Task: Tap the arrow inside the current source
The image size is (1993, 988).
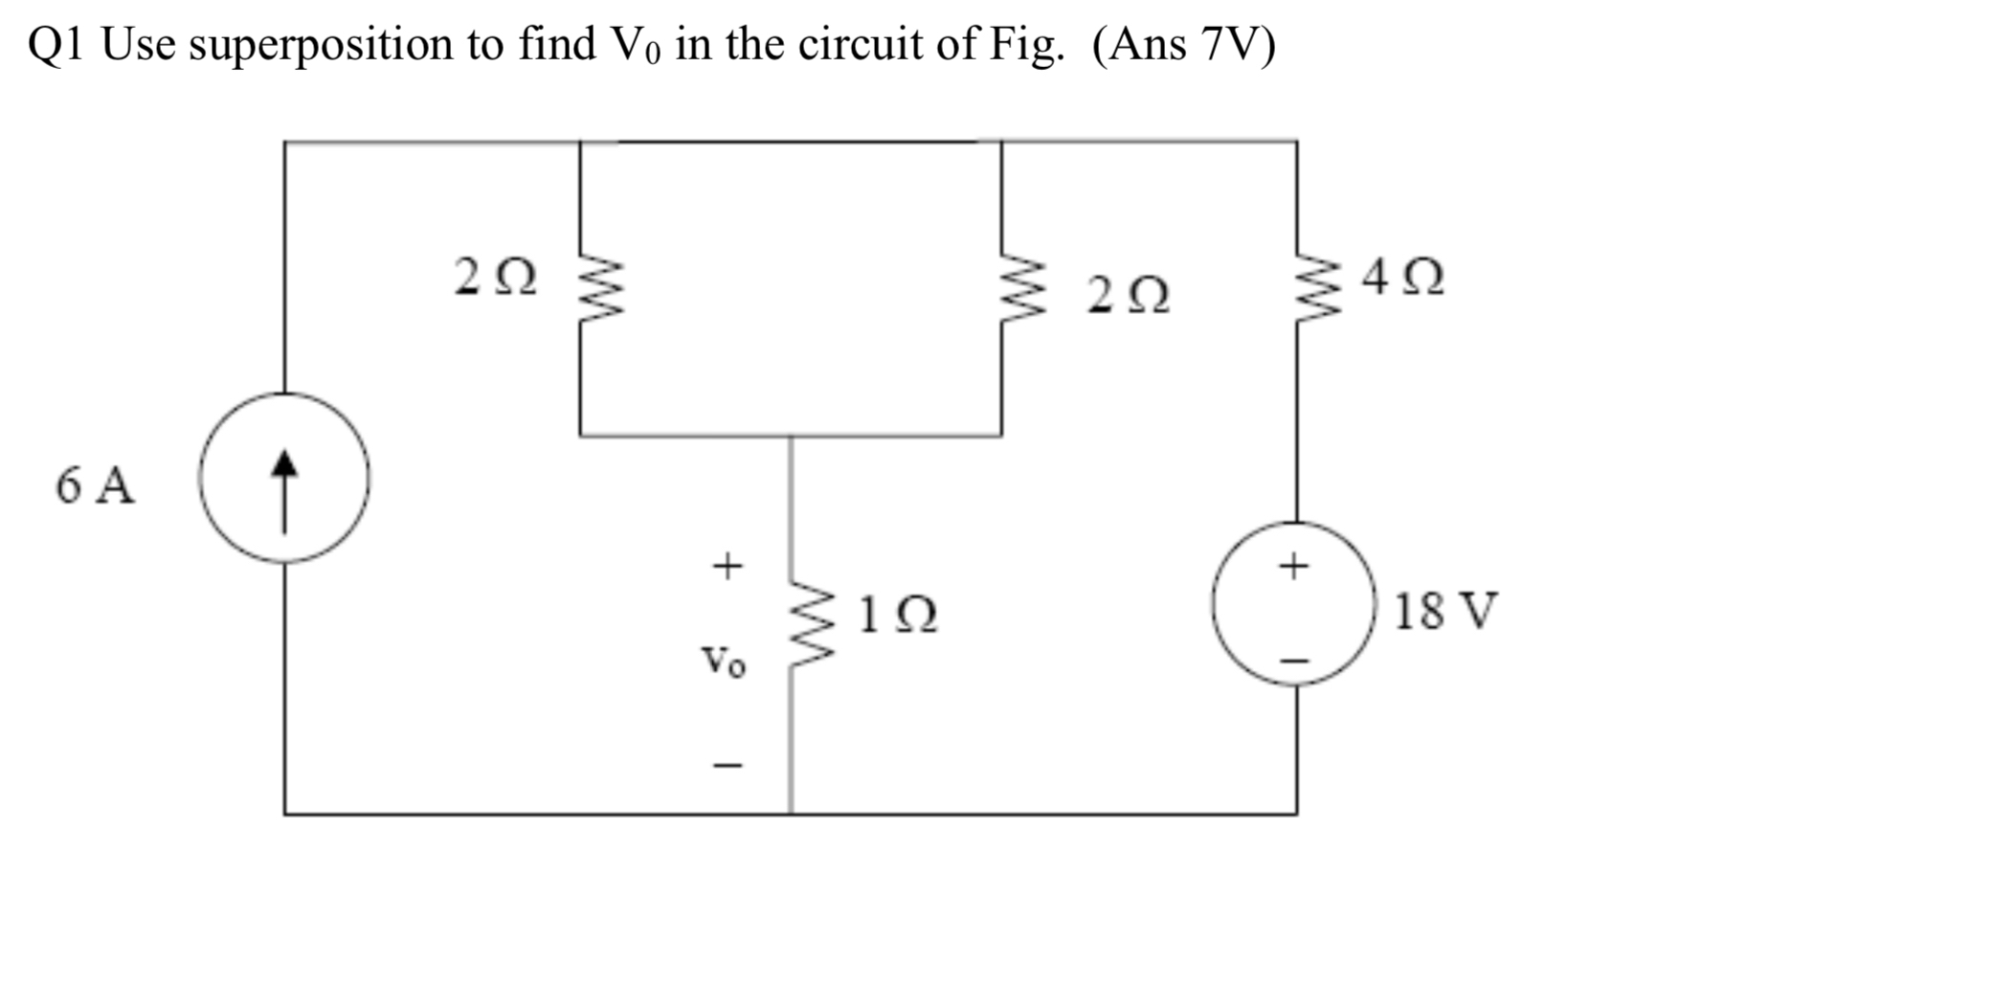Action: (x=284, y=490)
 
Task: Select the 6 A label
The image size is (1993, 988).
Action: (x=95, y=485)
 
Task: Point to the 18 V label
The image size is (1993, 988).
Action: (x=1444, y=611)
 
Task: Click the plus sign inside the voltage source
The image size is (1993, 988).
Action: (x=1293, y=566)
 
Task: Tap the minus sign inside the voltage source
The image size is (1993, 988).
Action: (x=1294, y=660)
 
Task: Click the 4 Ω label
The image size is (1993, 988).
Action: (x=1403, y=278)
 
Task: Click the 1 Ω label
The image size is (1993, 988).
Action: (x=897, y=615)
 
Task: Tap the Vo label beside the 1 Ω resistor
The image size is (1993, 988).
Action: (x=723, y=662)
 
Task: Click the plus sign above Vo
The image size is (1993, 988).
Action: (x=727, y=565)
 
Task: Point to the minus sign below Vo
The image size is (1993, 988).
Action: (x=727, y=765)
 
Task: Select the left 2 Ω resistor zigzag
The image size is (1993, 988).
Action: (x=599, y=287)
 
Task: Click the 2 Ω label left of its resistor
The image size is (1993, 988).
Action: (x=495, y=278)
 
